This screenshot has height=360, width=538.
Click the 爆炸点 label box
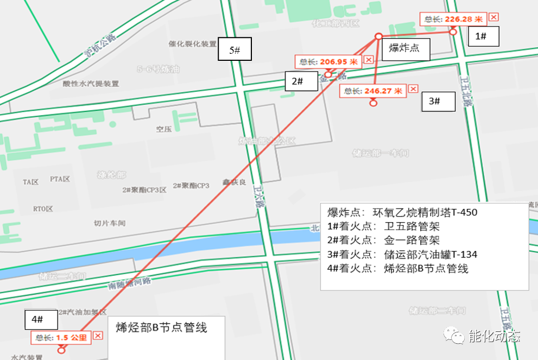pos(405,49)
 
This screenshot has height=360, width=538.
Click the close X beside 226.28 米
pos(493,17)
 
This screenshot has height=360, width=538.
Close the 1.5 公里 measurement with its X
pos(98,336)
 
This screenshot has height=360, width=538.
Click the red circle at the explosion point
pos(378,36)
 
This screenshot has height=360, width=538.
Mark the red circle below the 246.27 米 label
pos(373,104)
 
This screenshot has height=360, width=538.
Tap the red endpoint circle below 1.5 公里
pos(61,350)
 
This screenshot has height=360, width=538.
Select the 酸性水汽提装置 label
pos(91,84)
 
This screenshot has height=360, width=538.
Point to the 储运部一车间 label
pos(379,153)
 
